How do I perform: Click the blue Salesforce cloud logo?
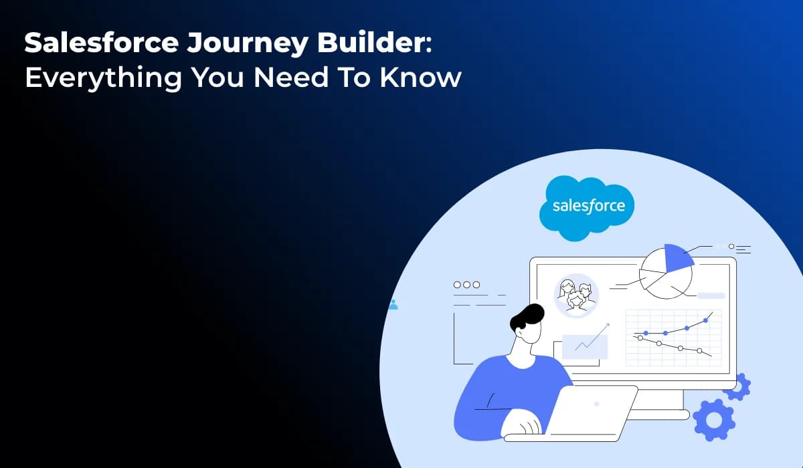tap(587, 206)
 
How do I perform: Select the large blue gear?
tap(714, 419)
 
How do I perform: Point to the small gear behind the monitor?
tap(737, 386)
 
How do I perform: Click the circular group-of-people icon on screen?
tap(576, 295)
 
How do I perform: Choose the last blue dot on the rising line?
tap(705, 321)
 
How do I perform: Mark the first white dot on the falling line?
tap(640, 338)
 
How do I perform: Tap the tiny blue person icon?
tap(393, 305)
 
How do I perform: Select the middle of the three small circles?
tap(466, 284)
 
